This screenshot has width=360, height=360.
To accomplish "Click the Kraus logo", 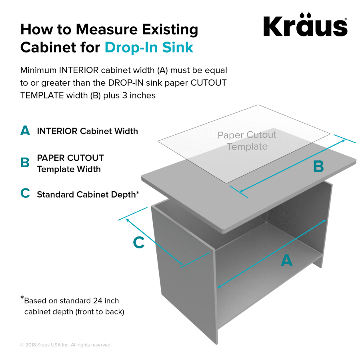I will point(305,26).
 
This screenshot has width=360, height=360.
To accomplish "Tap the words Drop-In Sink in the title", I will point(149,47).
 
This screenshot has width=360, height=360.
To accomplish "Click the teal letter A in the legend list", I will point(25,131).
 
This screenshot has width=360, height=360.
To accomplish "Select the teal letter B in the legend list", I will point(25,163).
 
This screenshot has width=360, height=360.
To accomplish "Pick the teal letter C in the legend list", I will point(25,194).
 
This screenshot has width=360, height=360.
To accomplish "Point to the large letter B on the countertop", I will point(318,166).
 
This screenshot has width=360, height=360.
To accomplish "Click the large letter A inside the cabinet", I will point(286,261).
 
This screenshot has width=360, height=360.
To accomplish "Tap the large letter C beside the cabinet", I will point(138,242).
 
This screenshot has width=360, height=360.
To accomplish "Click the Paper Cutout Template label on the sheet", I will point(247,141).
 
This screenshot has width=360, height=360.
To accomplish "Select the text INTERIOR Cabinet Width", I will point(87,131).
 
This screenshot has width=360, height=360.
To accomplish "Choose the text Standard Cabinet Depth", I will point(86,194).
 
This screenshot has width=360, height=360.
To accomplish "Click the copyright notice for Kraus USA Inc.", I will point(66,345).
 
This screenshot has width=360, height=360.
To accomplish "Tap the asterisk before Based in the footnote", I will point(22,298).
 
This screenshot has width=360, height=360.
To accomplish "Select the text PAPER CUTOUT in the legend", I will point(70,158).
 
